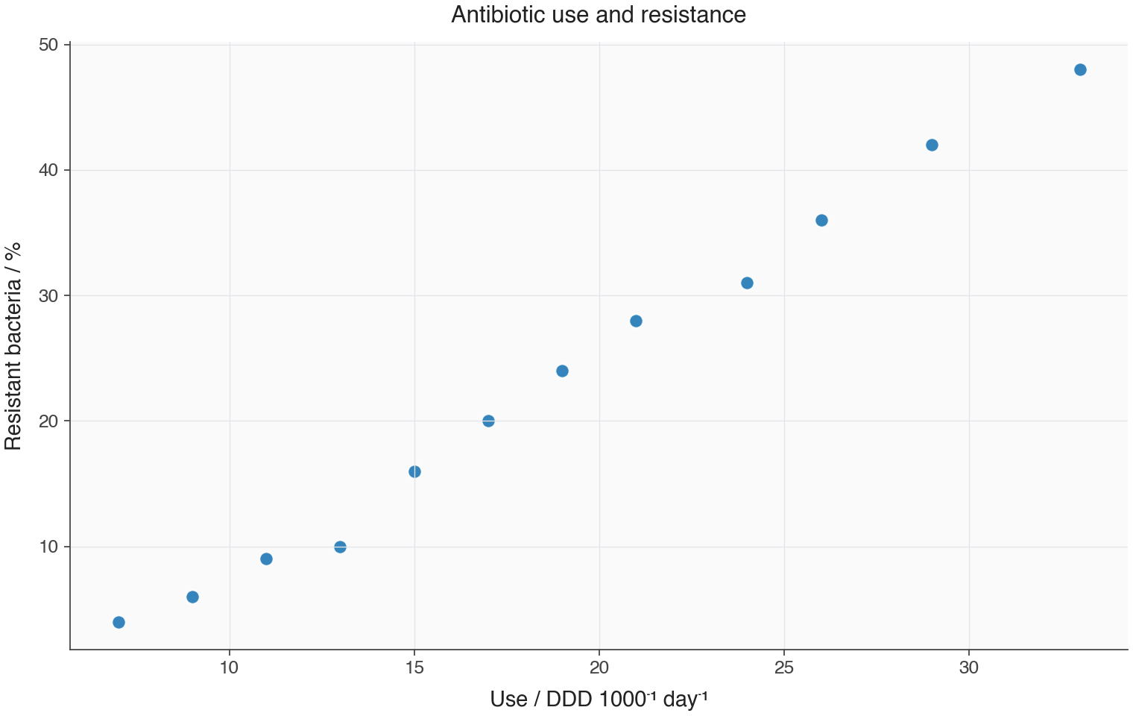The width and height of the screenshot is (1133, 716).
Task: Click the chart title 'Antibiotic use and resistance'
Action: [599, 15]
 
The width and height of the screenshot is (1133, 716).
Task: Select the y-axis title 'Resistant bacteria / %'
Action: [13, 346]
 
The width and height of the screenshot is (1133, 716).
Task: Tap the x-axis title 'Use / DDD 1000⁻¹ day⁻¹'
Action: [599, 699]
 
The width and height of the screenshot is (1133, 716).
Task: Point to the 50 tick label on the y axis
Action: [48, 45]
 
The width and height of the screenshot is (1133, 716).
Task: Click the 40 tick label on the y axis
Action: [48, 171]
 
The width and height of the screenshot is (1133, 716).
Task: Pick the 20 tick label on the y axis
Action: [48, 421]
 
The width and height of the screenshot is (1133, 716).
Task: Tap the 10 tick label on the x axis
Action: [229, 668]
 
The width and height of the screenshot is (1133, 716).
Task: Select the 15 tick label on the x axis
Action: [414, 668]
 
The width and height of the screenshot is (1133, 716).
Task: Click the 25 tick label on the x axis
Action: [784, 668]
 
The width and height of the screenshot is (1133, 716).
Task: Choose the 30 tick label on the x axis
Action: [968, 668]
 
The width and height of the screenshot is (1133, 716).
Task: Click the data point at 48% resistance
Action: [1080, 70]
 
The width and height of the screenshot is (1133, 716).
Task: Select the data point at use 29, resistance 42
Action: [932, 145]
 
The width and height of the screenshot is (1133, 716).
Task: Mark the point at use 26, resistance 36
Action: [821, 221]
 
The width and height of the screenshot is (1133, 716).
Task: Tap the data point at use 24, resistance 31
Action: [747, 283]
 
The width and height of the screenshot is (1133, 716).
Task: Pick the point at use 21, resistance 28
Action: [636, 321]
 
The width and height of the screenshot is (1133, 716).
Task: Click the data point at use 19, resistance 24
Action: [562, 371]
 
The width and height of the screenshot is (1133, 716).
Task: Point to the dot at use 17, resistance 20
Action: [488, 421]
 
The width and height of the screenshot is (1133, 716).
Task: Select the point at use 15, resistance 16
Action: [414, 472]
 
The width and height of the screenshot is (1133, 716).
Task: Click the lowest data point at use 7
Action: [119, 622]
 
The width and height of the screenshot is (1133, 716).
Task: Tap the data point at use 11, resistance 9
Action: [266, 559]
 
